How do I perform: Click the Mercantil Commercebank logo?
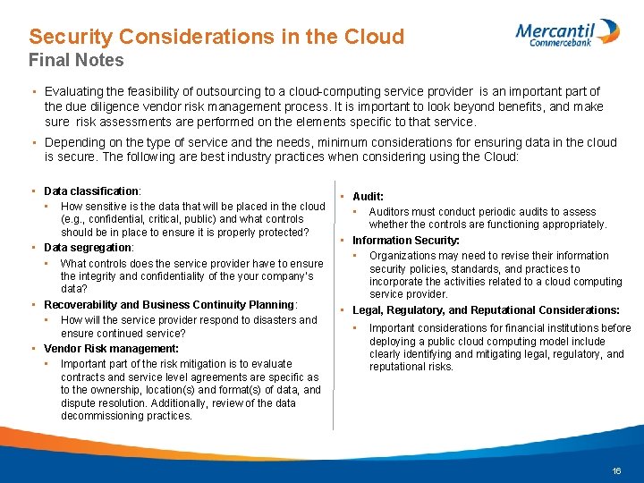click(x=567, y=32)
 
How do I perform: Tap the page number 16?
click(x=616, y=470)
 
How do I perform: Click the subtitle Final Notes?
click(x=76, y=61)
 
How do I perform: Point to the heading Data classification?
click(x=91, y=191)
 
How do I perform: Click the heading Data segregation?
click(x=88, y=247)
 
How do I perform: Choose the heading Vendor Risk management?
click(x=111, y=348)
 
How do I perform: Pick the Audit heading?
click(x=368, y=196)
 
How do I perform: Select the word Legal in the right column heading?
click(x=367, y=310)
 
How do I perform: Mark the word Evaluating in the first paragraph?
click(x=75, y=91)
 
